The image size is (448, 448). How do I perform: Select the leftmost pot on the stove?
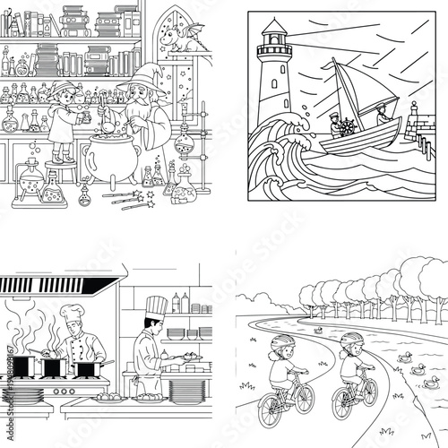point(26,366)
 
